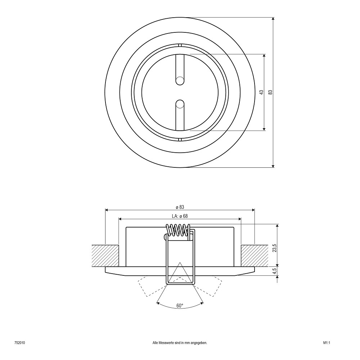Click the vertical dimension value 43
point(261,92)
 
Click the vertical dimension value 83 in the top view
point(270,92)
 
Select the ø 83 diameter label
point(180,207)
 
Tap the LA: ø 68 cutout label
point(180,216)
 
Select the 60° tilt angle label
point(180,306)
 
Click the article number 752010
point(20,343)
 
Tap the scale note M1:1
point(327,343)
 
